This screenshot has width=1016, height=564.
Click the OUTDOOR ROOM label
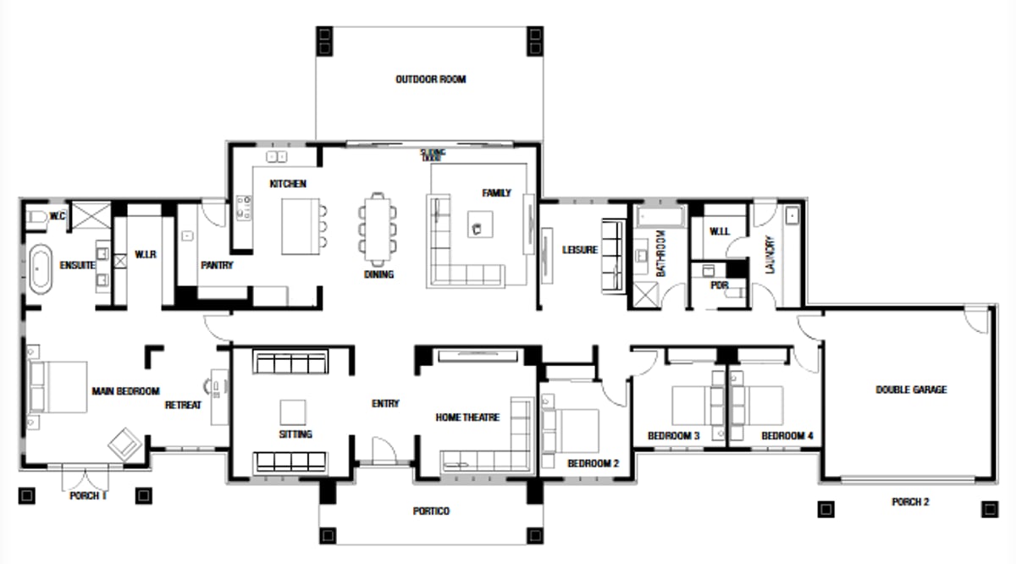coord(430,80)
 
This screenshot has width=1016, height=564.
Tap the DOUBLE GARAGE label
coord(911,390)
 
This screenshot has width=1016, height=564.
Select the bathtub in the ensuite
coord(40,269)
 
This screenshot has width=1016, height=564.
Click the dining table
coord(376,226)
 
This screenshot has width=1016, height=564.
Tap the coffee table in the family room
coord(479,223)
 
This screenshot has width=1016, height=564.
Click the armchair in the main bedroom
coord(125,442)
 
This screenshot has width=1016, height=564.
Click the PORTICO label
coord(431,511)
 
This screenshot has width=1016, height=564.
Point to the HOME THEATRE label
coord(467,417)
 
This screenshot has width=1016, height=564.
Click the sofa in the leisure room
coord(612,257)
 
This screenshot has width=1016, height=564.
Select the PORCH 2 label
coord(910,502)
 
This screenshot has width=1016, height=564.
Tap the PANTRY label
coord(217,265)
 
